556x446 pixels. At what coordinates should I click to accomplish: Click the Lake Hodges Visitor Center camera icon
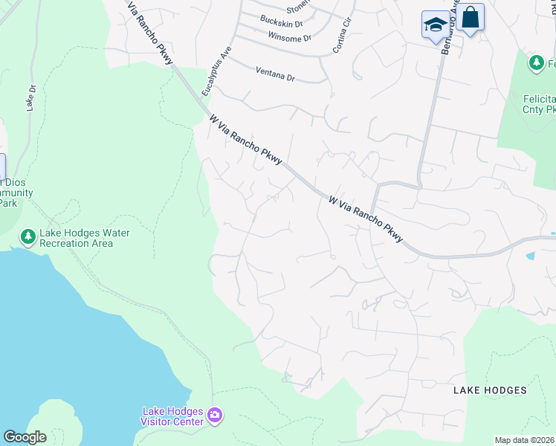215,415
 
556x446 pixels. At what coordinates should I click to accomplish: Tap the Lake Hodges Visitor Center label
172,416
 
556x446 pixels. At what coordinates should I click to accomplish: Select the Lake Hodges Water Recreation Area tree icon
28,237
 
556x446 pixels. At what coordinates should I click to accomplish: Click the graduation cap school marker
435,25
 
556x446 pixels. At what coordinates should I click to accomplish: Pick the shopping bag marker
470,18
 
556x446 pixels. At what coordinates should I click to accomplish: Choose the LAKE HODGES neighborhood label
490,390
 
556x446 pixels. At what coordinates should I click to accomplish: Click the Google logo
25,437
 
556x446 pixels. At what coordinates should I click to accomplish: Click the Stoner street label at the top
297,7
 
